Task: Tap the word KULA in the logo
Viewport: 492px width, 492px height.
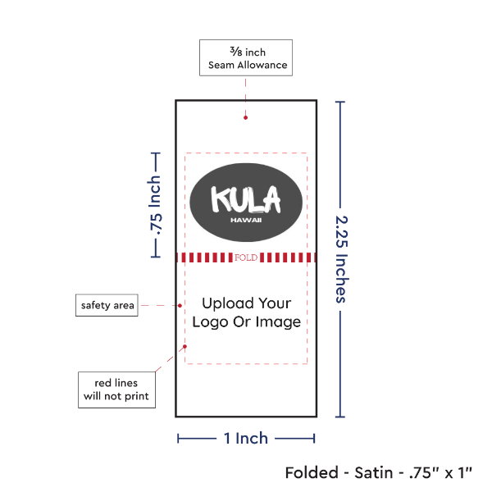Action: pyautogui.click(x=245, y=199)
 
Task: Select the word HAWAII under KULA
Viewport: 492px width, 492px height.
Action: pyautogui.click(x=246, y=220)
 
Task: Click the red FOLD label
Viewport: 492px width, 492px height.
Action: pyautogui.click(x=246, y=257)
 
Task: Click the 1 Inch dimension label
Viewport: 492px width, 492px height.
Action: pyautogui.click(x=246, y=438)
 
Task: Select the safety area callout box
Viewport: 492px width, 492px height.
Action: pyautogui.click(x=107, y=306)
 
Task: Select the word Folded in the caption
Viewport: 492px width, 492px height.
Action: pyautogui.click(x=312, y=473)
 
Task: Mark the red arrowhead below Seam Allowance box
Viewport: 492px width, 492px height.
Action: pyautogui.click(x=245, y=117)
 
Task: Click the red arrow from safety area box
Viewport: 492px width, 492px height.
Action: pyautogui.click(x=164, y=306)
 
